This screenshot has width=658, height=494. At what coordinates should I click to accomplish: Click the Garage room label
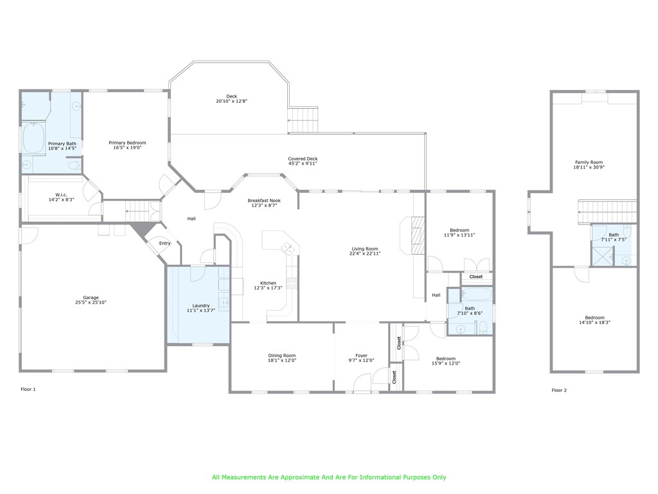pos(91,298)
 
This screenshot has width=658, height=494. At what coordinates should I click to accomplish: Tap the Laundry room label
pos(200,306)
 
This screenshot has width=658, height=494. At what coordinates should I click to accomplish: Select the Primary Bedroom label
pos(127,143)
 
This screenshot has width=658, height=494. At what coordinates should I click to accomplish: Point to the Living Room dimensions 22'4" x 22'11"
pos(365,253)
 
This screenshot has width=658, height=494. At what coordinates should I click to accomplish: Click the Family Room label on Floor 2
pos(589,162)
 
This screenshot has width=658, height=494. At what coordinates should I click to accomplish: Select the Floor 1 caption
pos(28,389)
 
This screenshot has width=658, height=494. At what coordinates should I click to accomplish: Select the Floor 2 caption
pos(559,390)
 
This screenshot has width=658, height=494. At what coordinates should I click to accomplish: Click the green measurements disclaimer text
pos(329,477)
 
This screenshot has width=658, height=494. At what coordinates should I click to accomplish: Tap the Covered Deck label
pos(303,159)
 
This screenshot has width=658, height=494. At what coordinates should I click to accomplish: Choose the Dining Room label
pos(282,355)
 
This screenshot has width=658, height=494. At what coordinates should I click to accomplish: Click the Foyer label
pos(361,355)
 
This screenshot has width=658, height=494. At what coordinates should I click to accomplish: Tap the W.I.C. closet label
pos(62,195)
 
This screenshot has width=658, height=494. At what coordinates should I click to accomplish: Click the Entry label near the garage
pos(165,243)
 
